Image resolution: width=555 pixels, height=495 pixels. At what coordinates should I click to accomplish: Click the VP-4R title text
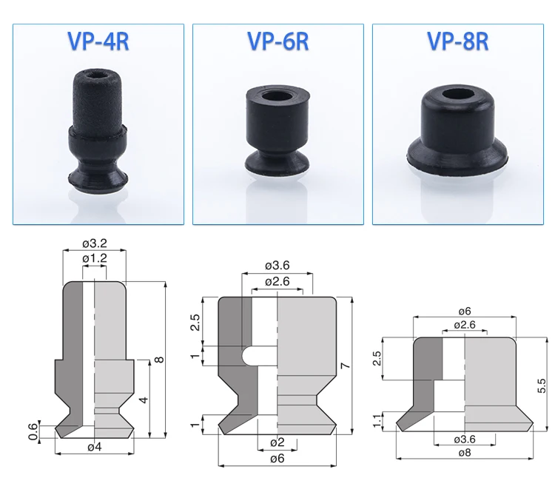98,41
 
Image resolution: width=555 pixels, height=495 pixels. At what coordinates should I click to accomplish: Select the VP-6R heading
278,41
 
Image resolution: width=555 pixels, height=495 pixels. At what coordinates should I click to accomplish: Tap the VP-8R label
458,41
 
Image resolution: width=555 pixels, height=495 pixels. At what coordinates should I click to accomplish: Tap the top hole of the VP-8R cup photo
457,95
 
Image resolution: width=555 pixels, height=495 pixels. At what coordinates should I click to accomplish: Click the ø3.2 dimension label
95,243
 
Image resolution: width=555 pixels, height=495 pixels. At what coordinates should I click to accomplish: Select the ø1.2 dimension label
95,258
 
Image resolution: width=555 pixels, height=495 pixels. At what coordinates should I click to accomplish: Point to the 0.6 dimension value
33,431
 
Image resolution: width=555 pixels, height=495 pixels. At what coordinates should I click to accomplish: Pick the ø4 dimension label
95,447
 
